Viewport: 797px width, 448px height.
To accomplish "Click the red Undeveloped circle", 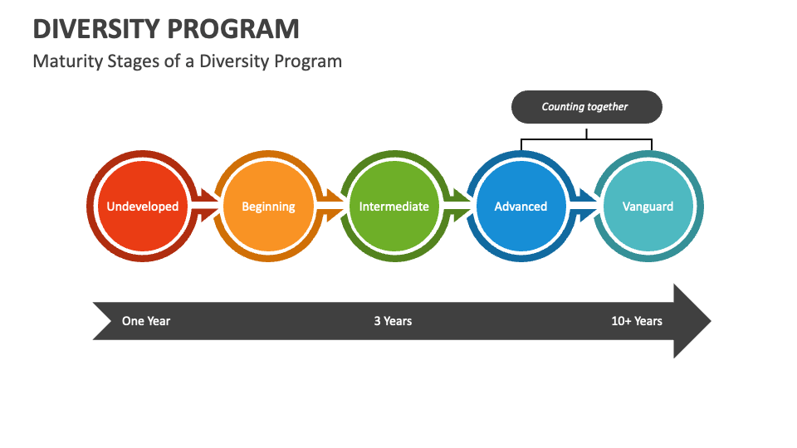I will [142, 207].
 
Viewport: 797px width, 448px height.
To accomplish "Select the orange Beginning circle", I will [268, 207].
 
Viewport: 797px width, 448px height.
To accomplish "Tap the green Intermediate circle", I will [394, 207].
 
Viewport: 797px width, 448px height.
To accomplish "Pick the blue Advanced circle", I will [521, 207].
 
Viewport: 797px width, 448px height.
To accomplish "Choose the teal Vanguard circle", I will [648, 207].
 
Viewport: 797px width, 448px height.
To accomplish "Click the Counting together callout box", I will [586, 107].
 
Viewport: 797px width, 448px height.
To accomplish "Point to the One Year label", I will [146, 321].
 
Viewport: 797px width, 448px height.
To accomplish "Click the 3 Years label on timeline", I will [393, 321].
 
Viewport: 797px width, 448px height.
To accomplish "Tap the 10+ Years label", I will [637, 321].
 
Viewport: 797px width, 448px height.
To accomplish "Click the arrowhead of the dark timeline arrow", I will [692, 321].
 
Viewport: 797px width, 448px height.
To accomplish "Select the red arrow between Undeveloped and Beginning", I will [205, 207].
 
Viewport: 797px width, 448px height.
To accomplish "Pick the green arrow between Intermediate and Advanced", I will [458, 207].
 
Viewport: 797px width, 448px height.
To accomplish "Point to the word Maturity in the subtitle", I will [67, 61].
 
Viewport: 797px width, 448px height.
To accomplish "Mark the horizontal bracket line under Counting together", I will [586, 139].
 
